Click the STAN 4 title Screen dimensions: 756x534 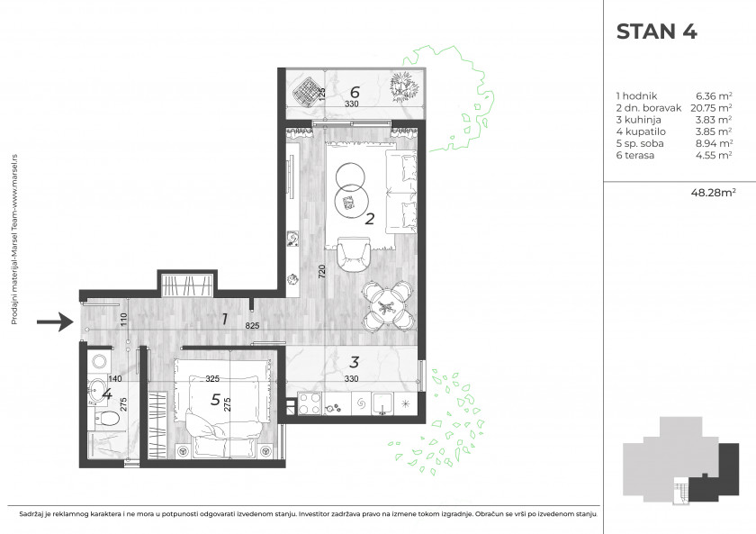click(x=656, y=32)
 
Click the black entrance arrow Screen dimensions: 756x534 click(x=55, y=321)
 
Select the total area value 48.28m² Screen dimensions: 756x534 click(x=713, y=193)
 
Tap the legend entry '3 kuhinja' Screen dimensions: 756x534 click(x=638, y=120)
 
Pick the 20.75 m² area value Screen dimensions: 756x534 click(x=711, y=107)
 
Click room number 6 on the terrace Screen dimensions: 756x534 click(x=355, y=91)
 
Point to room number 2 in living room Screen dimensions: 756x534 click(x=370, y=220)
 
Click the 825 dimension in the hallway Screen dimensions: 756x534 click(x=252, y=326)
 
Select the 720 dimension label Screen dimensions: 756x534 click(x=322, y=271)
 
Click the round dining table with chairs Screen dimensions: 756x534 click(x=388, y=306)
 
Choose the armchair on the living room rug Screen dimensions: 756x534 click(x=354, y=254)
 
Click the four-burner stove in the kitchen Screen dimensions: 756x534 click(x=310, y=403)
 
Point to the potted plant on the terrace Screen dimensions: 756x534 click(x=404, y=87)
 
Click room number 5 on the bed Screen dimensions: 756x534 click(x=215, y=400)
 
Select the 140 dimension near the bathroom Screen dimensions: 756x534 click(x=115, y=379)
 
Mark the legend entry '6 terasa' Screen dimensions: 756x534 click(x=635, y=155)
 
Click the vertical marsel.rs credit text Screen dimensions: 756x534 click(x=14, y=240)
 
